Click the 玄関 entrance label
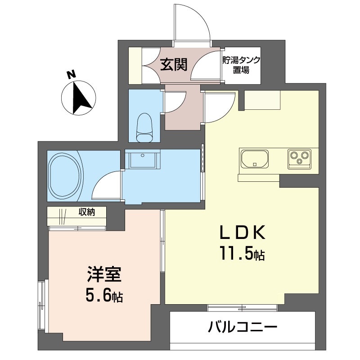coord(174,64)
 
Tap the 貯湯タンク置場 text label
coord(241,65)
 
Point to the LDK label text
coord(243,233)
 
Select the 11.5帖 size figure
coord(243,253)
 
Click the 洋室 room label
coord(104,274)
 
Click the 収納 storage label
coord(87,212)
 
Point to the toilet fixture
coord(144,127)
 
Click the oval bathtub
coord(64,175)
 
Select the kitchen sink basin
coord(255,159)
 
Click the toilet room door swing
coord(175,102)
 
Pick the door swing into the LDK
coord(220,108)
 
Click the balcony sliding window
coord(242,308)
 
